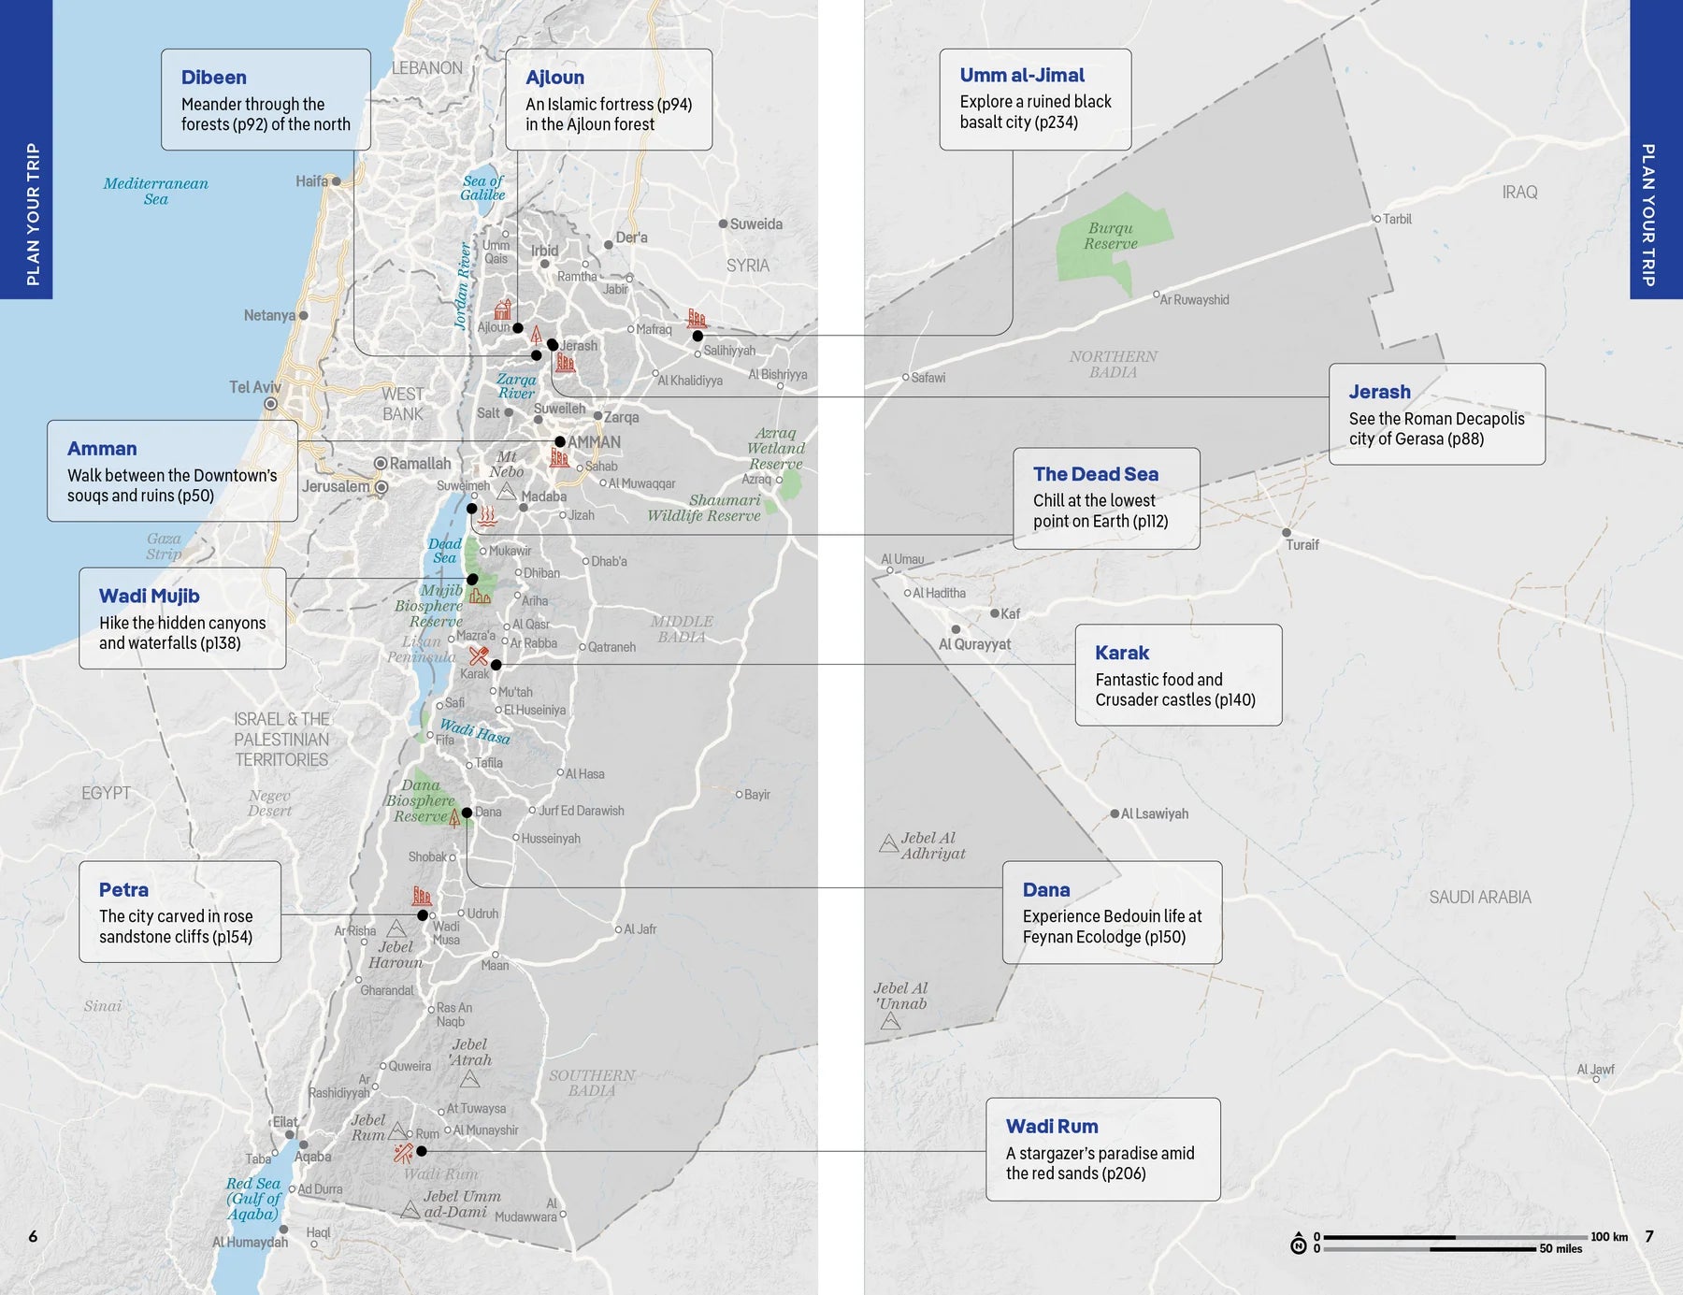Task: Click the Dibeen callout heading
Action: click(214, 78)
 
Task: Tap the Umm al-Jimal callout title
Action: click(1022, 75)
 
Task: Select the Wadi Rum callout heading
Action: click(1052, 1127)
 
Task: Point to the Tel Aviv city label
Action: click(254, 387)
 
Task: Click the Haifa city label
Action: click(311, 181)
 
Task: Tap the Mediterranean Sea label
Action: click(155, 191)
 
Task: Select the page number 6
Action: click(33, 1236)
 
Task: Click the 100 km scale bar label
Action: click(1609, 1236)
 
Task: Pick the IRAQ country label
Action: click(1519, 192)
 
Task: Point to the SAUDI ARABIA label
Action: click(1479, 897)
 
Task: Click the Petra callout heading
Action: click(123, 890)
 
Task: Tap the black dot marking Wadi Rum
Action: click(422, 1151)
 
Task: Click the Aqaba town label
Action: click(312, 1157)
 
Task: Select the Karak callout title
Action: click(1122, 653)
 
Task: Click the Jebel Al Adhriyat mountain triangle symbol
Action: click(889, 844)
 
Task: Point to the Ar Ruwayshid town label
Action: click(1194, 300)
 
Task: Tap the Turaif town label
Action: click(1302, 545)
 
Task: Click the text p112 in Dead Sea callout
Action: click(1149, 522)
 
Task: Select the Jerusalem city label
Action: click(335, 486)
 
